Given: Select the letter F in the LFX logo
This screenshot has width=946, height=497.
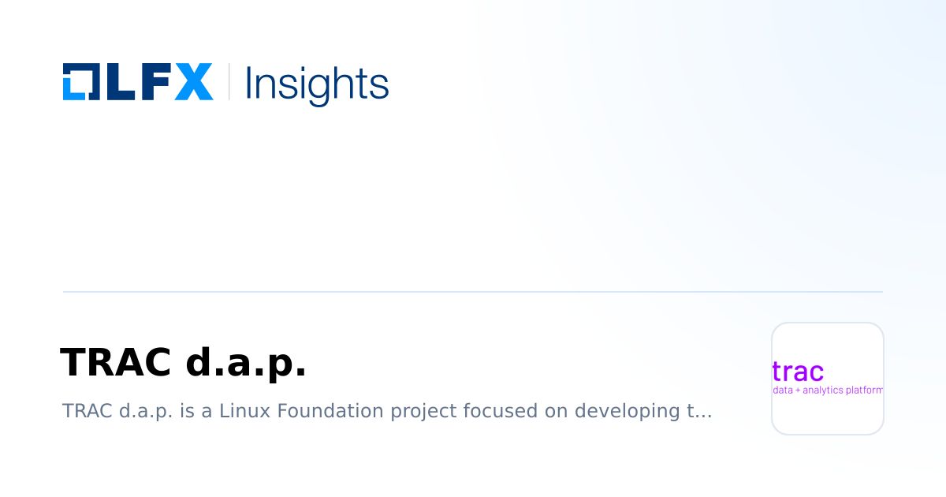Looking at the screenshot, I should coord(153,81).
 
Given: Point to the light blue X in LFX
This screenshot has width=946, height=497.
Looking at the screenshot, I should coord(193,81).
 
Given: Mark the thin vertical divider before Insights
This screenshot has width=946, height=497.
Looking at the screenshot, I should coord(229,81).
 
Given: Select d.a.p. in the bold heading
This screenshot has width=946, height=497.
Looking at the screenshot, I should coord(245,363).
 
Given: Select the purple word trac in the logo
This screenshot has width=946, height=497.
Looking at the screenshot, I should coord(798,371).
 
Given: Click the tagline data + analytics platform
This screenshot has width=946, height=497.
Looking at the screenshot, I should coord(828,390).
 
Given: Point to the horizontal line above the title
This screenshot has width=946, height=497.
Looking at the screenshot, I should coord(473,292).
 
